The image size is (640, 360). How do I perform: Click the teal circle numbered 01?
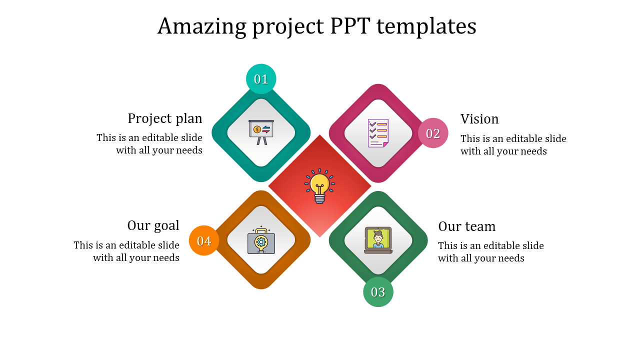coord(261,79)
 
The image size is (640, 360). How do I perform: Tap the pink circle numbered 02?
coord(433,133)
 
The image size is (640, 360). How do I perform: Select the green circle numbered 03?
coord(378,291)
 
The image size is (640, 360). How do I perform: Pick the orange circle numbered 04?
coord(204,240)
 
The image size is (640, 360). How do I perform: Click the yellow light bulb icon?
coord(319,186)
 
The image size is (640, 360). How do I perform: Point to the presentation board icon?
coord(261,132)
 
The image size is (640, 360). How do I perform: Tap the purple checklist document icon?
coord(378,133)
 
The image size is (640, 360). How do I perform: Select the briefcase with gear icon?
coord(261,240)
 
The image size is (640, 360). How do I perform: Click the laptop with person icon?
coord(378,240)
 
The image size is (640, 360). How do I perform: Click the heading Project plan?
coord(165,118)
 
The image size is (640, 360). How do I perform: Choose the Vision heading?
coord(479,119)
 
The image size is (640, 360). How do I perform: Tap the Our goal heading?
coord(153,225)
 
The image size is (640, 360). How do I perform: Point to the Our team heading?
coord(467,226)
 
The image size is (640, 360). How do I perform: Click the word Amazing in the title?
coord(201,26)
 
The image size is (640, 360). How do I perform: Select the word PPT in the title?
coord(350,26)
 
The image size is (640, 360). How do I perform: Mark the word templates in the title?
coord(426,26)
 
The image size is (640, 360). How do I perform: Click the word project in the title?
coord(288,27)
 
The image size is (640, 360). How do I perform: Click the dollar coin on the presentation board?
coord(257,129)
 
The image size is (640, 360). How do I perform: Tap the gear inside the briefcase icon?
coord(261,241)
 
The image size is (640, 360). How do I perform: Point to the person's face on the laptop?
coord(378,237)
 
